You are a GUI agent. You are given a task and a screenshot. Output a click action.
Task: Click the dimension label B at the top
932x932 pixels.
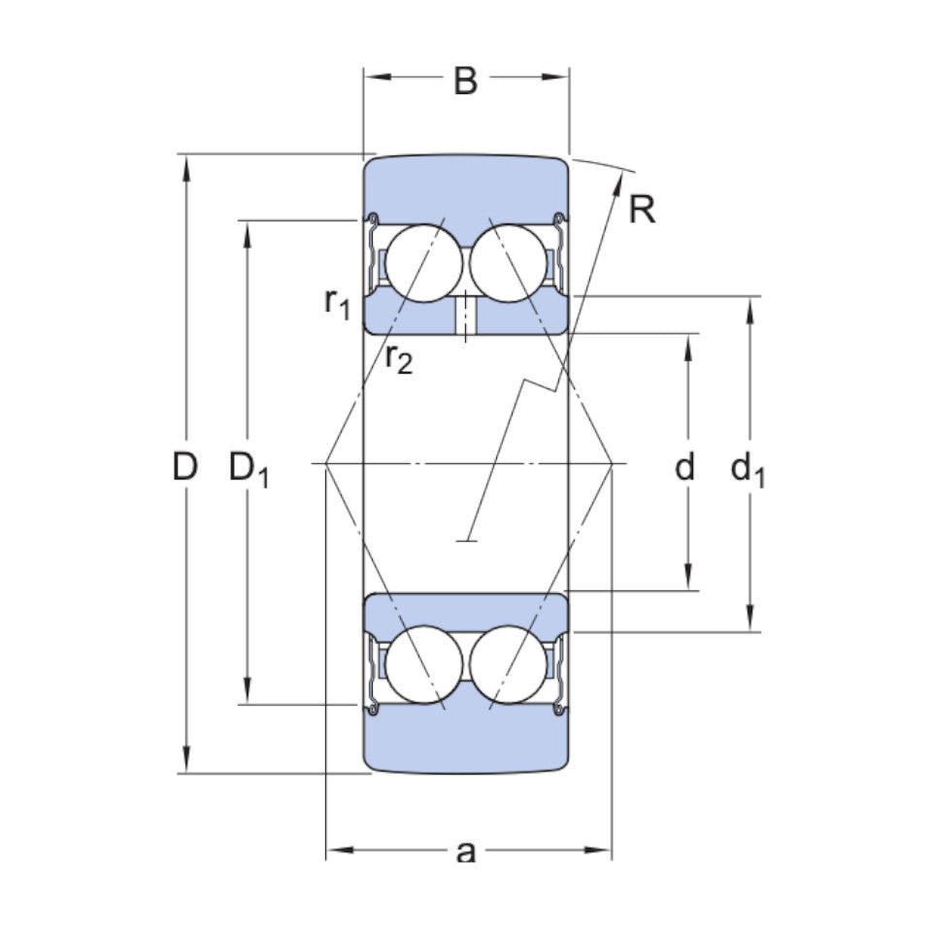466,82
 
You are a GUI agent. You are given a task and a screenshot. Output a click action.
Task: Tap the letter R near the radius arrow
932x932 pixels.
642,209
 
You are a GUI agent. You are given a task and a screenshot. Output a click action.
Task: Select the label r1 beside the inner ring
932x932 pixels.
336,304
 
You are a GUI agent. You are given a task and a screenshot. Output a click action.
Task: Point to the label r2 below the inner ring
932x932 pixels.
398,359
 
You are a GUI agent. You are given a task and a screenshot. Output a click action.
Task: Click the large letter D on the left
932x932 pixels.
184,468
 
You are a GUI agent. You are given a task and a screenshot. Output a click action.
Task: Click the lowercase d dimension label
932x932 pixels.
685,468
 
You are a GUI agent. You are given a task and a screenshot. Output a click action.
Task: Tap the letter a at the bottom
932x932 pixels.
466,852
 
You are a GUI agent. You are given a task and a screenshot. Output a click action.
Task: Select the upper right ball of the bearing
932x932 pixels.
508,262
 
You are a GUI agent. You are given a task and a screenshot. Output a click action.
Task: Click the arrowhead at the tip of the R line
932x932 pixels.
618,179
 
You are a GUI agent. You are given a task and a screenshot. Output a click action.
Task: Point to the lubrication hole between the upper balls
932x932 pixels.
466,315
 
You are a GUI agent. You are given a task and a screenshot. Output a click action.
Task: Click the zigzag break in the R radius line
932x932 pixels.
544,386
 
